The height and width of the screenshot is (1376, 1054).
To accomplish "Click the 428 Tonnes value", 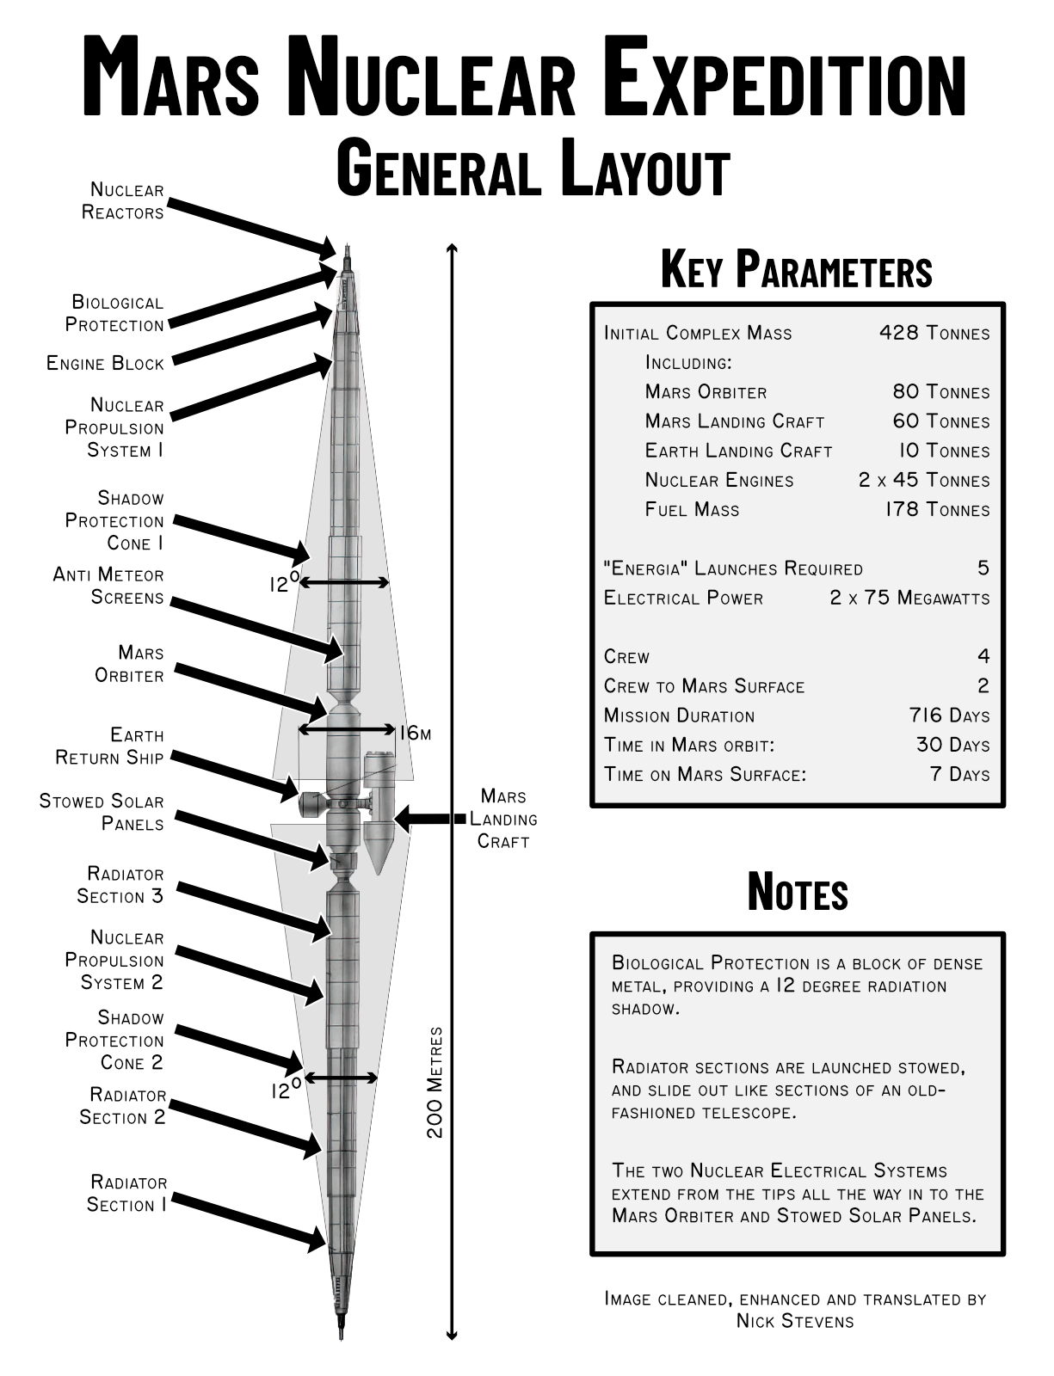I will pyautogui.click(x=934, y=333).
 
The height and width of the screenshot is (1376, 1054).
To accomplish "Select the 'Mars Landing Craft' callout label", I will pyautogui.click(x=503, y=819).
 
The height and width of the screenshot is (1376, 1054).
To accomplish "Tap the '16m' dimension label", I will pyautogui.click(x=415, y=733).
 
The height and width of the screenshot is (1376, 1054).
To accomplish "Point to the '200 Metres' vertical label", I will pyautogui.click(x=435, y=1082).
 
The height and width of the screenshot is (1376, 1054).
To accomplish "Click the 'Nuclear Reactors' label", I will pyautogui.click(x=123, y=201).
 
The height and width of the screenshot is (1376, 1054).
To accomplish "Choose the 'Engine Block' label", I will pyautogui.click(x=105, y=363).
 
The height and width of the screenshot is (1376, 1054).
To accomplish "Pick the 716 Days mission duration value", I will pyautogui.click(x=949, y=716).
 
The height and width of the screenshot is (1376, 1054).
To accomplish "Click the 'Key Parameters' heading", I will pyautogui.click(x=796, y=269).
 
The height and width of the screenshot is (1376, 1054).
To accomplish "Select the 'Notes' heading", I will pyautogui.click(x=798, y=891).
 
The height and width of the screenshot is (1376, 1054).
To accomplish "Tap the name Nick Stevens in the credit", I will pyautogui.click(x=795, y=1321).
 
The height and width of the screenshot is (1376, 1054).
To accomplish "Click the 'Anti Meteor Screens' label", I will pyautogui.click(x=109, y=586).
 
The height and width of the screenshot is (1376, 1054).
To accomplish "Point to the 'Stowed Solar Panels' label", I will pyautogui.click(x=102, y=813).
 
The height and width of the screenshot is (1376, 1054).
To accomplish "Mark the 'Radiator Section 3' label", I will pyautogui.click(x=121, y=885).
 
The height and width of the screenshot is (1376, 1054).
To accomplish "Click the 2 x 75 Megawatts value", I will pyautogui.click(x=909, y=598).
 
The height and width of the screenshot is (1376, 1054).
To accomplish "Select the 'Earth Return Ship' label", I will pyautogui.click(x=110, y=746).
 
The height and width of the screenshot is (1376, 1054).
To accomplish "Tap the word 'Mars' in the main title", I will pyautogui.click(x=171, y=77).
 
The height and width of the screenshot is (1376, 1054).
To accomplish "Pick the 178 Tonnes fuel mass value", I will pyautogui.click(x=937, y=509).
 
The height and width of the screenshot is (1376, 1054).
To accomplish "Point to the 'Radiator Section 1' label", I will pyautogui.click(x=127, y=1194).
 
